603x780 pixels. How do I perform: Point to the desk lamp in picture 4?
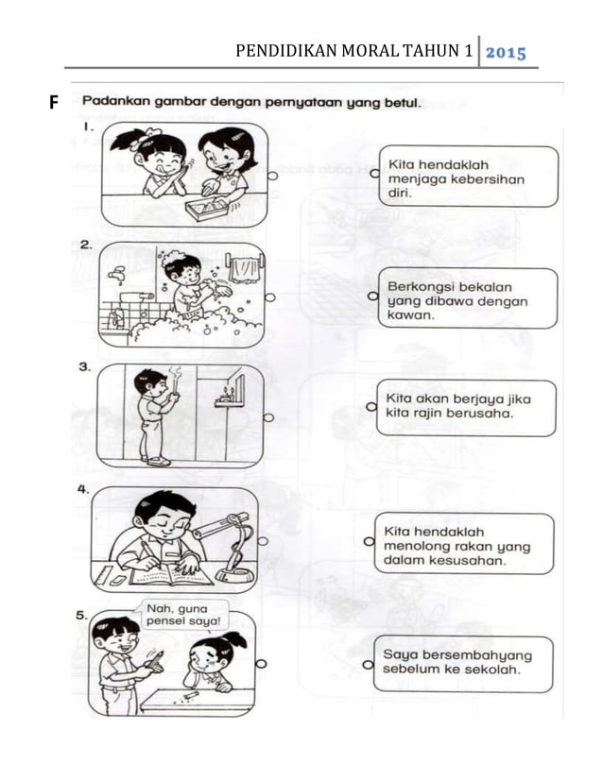229,546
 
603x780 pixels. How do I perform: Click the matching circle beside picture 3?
269,416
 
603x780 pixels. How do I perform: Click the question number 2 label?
86,245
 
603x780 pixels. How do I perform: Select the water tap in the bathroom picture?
117,275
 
